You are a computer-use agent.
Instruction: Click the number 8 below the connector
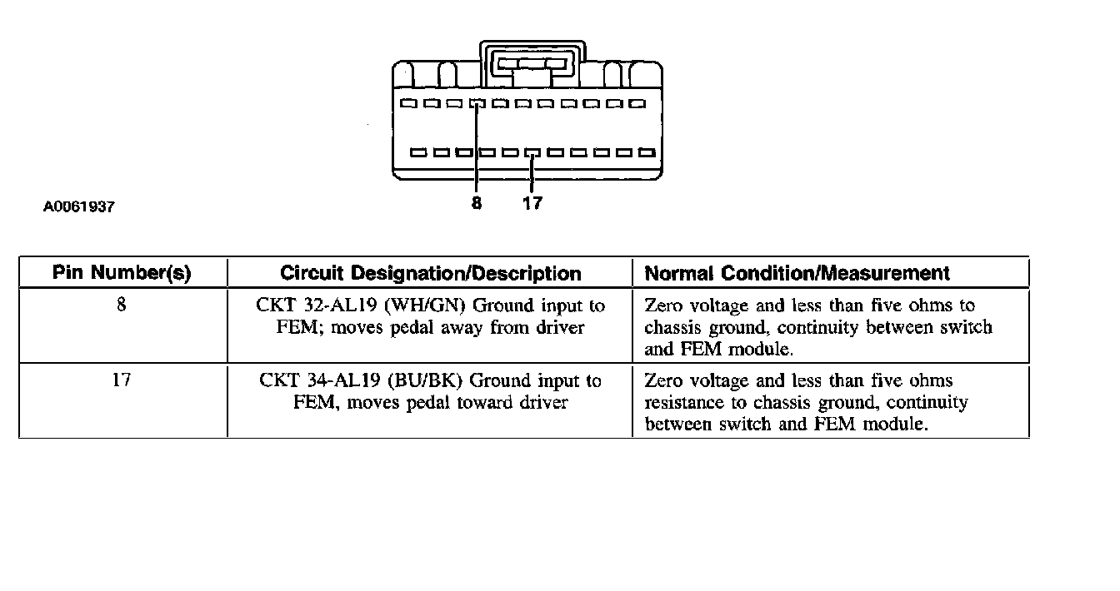[x=476, y=202]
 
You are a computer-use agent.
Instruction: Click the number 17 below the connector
[x=532, y=202]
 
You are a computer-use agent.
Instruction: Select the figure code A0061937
[x=79, y=207]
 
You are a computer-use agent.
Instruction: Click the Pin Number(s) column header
[x=122, y=273]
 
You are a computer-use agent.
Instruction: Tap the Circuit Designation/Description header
[x=430, y=273]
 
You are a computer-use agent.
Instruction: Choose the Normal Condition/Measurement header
[x=797, y=273]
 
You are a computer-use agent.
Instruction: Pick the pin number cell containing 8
[x=122, y=305]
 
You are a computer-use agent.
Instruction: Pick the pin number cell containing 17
[x=122, y=381]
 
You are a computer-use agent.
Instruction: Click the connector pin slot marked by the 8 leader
[x=477, y=105]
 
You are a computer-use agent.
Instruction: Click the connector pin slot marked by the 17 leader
[x=532, y=153]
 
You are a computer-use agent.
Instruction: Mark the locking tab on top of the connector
[x=531, y=62]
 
